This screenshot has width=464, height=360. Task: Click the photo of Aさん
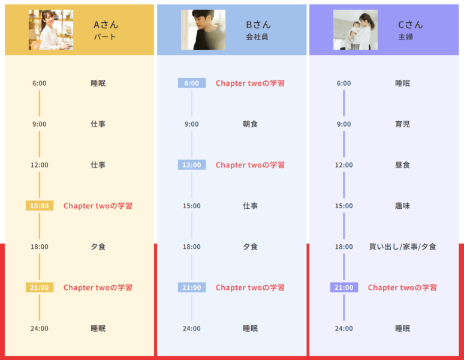coord(51,29)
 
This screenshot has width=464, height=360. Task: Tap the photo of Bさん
coord(203,29)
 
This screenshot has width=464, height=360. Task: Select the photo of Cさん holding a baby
coord(355,29)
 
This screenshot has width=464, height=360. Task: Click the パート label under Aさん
coord(104,37)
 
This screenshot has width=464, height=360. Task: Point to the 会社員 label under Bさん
coord(257,37)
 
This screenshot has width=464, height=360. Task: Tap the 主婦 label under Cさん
coord(406,37)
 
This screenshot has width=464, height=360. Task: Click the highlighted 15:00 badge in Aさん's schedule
coord(40,206)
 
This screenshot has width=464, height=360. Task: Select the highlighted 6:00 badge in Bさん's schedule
coord(192,83)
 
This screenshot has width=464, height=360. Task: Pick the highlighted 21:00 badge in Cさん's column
coord(344,287)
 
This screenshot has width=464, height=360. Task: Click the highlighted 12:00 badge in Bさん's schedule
coord(192,165)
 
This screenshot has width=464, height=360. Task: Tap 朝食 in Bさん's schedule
coord(251,124)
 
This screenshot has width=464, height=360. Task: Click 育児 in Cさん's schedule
coord(403,124)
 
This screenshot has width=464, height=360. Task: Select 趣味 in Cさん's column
coord(403,206)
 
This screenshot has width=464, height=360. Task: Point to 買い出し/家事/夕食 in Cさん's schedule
coord(403,247)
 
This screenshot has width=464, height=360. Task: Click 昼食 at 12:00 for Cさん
coord(403,165)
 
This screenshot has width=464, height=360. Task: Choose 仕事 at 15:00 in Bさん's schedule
coord(251,206)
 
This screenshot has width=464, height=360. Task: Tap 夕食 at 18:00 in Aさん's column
coord(98,247)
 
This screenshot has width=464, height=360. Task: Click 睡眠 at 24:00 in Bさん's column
coord(251,328)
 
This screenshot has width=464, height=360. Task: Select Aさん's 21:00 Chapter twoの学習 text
coord(98,287)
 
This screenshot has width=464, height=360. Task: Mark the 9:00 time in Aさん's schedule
coord(40,124)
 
